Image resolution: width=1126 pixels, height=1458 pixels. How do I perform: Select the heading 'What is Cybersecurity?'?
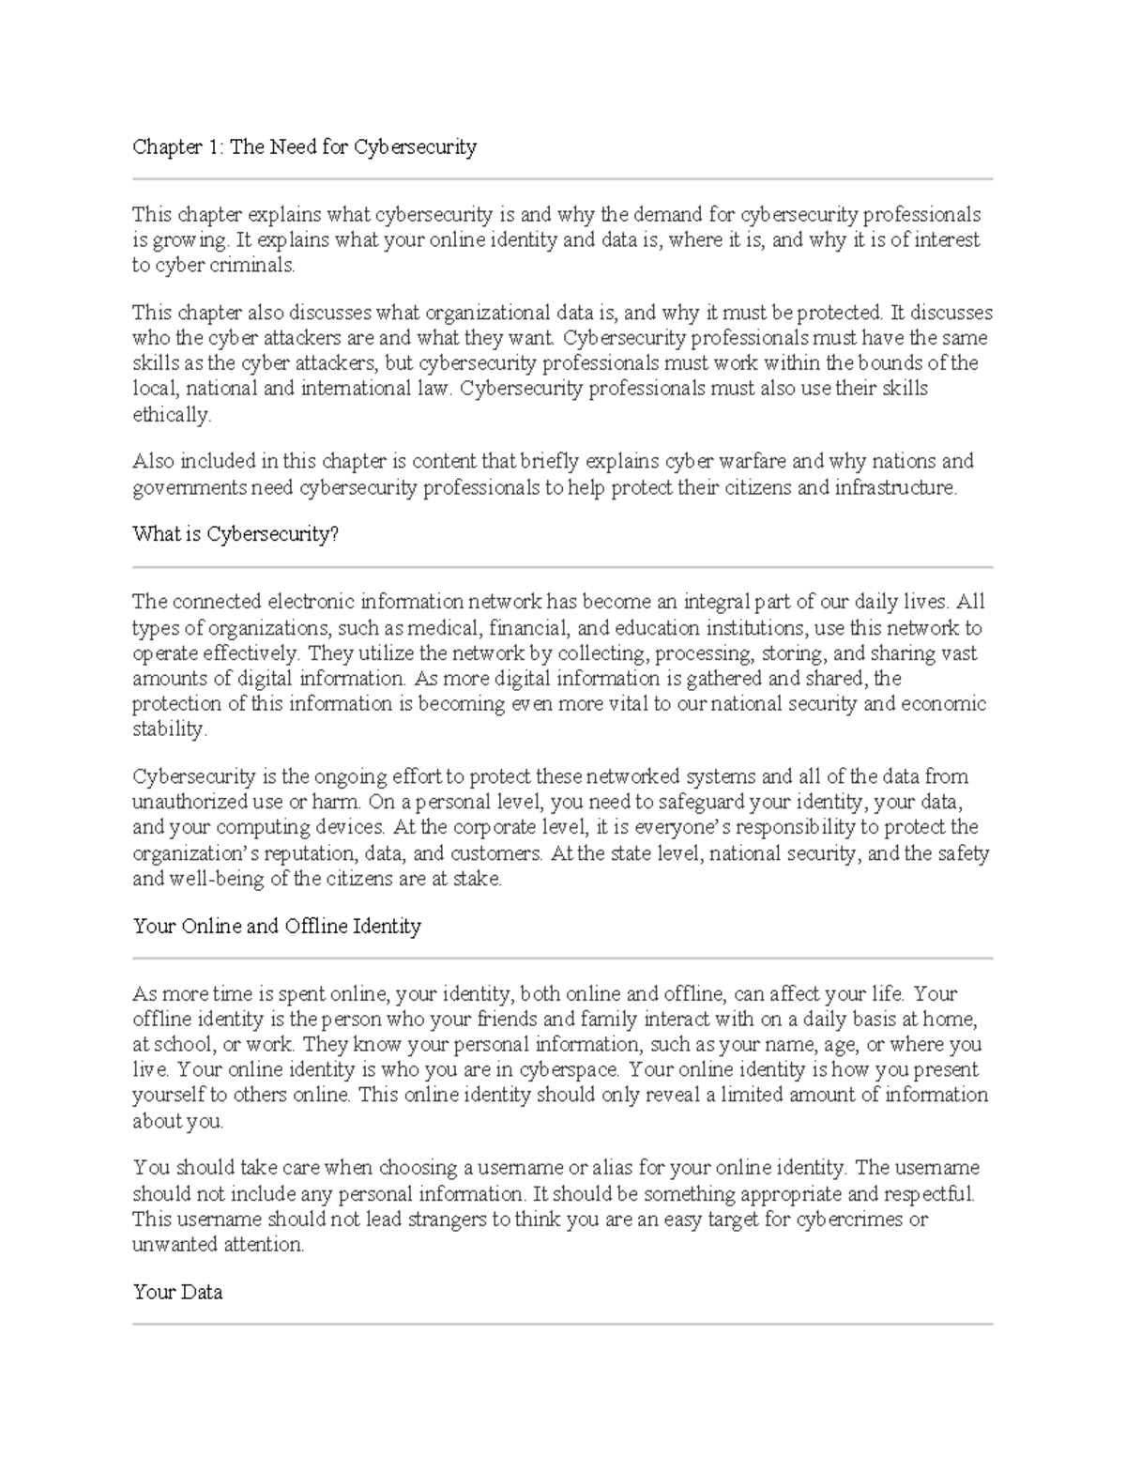pyautogui.click(x=236, y=534)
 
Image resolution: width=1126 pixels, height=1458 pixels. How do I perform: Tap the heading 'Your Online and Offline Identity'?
pyautogui.click(x=277, y=926)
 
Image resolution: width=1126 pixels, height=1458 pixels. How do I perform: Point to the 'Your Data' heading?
pyautogui.click(x=177, y=1292)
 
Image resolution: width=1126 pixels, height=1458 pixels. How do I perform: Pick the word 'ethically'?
pyautogui.click(x=171, y=414)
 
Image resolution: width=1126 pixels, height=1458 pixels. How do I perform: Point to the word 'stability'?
pyautogui.click(x=167, y=729)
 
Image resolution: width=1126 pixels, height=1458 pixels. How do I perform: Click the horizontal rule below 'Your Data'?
pyautogui.click(x=563, y=1324)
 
